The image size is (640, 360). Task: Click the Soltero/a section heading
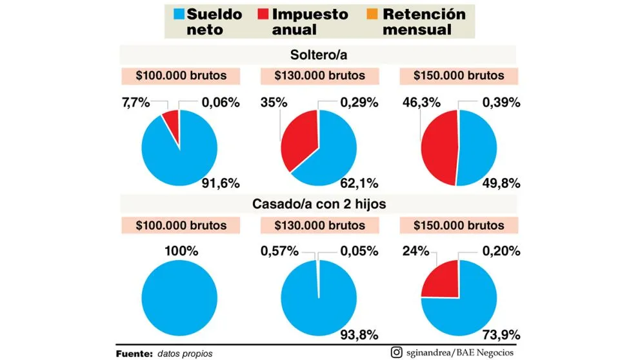[319, 54]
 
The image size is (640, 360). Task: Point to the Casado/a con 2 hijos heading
[319, 204]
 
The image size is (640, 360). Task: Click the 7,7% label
[136, 101]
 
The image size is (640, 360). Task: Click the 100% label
[180, 250]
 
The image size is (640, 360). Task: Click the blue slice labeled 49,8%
[477, 148]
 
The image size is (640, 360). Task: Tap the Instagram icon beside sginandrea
[397, 352]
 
